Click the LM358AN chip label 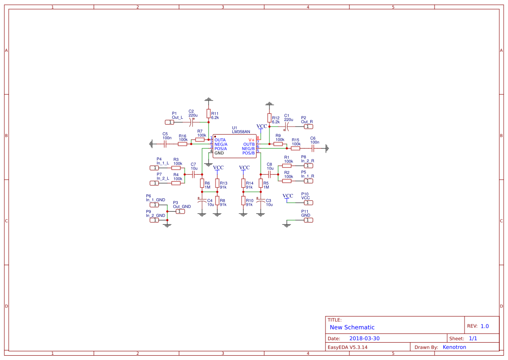point(241,131)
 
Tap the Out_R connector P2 point(308,127)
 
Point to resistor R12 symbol point(269,118)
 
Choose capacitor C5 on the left point(165,144)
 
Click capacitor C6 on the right point(312,148)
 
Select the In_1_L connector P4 point(154,168)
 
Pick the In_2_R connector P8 point(308,166)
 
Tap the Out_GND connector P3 point(180,211)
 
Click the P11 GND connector point(308,220)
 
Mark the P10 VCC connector point(308,203)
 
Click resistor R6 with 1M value point(202,183)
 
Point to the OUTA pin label point(220,140)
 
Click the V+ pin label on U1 point(251,140)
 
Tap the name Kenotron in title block point(454,347)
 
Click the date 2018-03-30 point(365,338)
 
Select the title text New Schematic point(352,327)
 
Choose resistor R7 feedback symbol point(200,140)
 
